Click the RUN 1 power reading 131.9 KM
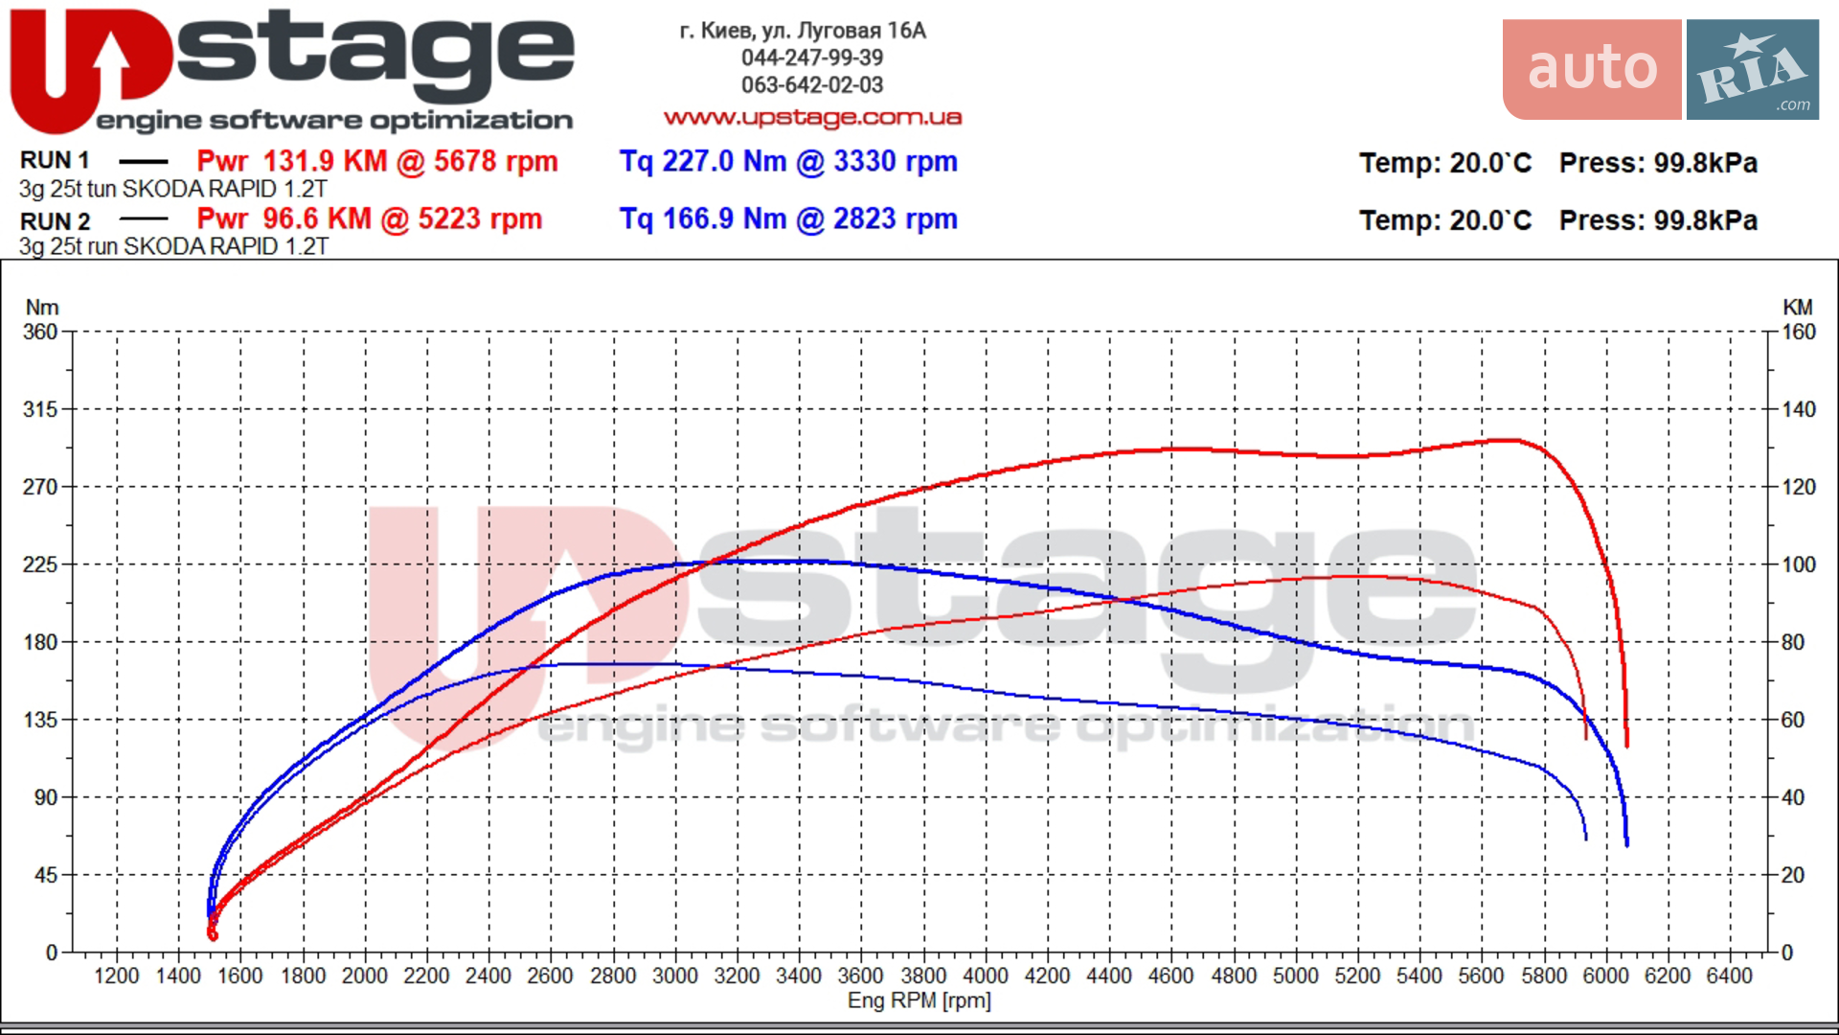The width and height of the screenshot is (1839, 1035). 325,161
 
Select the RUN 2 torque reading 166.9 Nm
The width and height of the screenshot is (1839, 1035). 724,218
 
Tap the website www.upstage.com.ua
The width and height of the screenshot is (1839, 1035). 812,117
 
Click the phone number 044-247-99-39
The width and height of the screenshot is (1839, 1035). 812,57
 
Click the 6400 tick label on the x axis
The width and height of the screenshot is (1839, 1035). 1729,976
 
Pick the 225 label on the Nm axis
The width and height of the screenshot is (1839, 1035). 40,564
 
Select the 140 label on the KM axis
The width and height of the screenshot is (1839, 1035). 1799,409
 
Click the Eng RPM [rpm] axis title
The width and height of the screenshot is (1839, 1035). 919,1000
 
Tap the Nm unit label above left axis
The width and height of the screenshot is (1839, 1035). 42,308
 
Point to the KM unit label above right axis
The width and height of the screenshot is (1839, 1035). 1798,308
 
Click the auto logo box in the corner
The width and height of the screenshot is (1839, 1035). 1592,69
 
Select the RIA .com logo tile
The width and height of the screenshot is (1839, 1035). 1753,69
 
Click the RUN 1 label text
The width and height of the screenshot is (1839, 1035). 55,160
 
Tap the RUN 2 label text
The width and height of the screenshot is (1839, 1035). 55,221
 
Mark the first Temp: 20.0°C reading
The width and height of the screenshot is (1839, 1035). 1445,163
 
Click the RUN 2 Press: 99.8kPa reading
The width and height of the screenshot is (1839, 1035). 1658,220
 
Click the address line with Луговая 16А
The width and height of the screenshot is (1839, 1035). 803,31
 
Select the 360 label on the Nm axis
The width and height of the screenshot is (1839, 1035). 40,332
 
